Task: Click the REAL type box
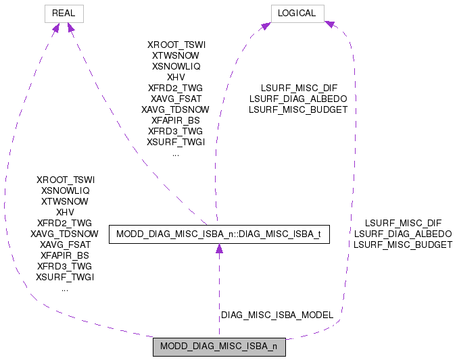(64, 13)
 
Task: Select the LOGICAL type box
(297, 13)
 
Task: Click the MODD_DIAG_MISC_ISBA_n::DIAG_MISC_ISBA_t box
(219, 234)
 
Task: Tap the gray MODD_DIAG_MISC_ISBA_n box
(219, 347)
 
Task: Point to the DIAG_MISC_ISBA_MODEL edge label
(277, 315)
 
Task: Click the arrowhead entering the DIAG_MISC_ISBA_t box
(219, 250)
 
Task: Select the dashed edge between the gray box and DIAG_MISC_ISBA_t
(219, 290)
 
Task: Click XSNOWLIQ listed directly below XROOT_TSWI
(66, 190)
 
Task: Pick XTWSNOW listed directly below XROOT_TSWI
(176, 55)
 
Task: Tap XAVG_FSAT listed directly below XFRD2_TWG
(176, 99)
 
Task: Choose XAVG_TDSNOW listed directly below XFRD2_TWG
(65, 234)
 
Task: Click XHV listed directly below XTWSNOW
(176, 77)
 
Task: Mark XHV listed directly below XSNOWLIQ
(66, 212)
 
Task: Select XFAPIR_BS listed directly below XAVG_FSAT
(176, 120)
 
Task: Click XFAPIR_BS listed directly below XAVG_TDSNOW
(65, 255)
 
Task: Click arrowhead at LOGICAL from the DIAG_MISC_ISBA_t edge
(266, 26)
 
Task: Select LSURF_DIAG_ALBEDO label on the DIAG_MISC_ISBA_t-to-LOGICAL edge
(298, 99)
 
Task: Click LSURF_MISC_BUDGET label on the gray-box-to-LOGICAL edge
(403, 245)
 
